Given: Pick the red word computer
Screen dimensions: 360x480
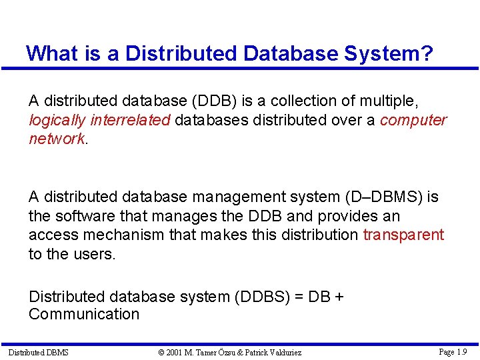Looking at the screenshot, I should click(413, 120).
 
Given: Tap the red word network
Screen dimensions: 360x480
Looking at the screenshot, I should click(57, 139).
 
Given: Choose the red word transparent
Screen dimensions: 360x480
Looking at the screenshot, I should click(403, 235).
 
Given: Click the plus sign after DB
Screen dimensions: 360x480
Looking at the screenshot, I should click(339, 296).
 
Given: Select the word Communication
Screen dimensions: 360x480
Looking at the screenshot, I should click(84, 314).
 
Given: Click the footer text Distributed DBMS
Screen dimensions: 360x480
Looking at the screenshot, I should click(38, 352).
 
